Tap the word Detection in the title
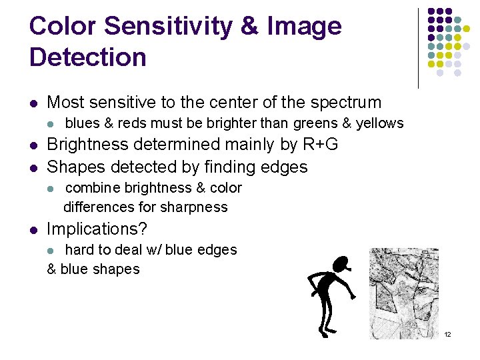(87, 57)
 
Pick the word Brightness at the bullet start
(89, 145)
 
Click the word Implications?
(97, 229)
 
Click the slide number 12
(447, 334)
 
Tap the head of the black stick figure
(343, 264)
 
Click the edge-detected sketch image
(404, 293)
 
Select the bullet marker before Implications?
(33, 229)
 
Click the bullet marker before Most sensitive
(33, 103)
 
